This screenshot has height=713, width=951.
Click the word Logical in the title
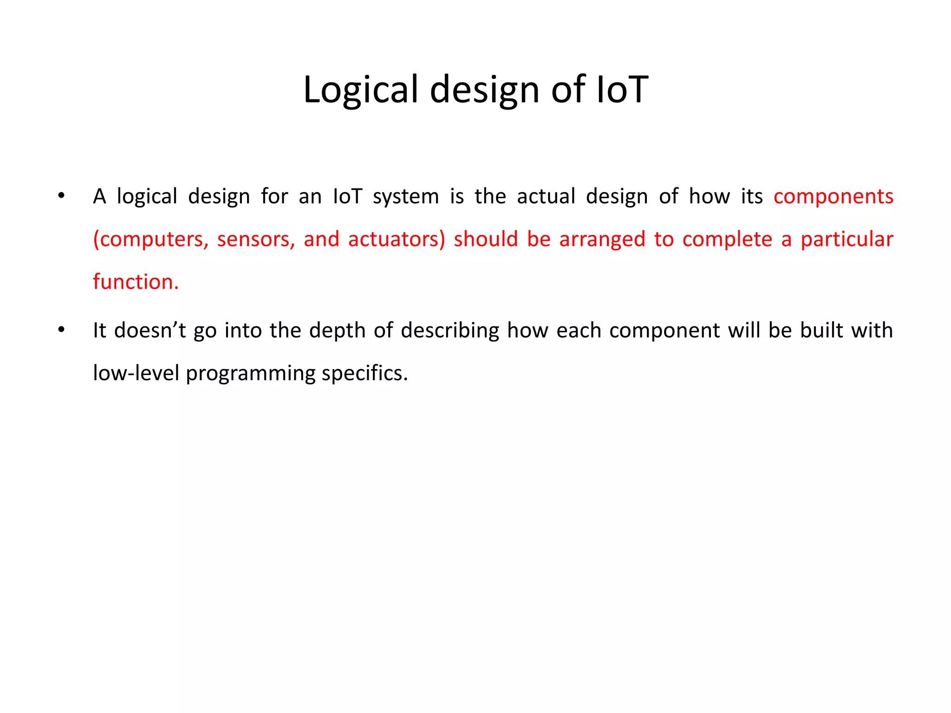[x=361, y=89]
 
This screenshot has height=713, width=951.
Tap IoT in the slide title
[x=622, y=89]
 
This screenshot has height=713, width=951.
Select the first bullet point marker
[x=61, y=196]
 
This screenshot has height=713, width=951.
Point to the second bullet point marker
[x=61, y=330]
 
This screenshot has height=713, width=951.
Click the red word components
[x=833, y=196]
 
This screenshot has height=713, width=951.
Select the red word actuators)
[x=397, y=240]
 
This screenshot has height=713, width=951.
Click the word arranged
[x=602, y=240]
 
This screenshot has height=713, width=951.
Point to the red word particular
[x=847, y=240]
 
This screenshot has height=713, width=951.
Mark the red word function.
[x=136, y=282]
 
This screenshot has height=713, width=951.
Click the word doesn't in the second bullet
[x=150, y=331]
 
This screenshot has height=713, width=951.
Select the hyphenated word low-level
[x=136, y=373]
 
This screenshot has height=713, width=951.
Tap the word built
[x=821, y=331]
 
